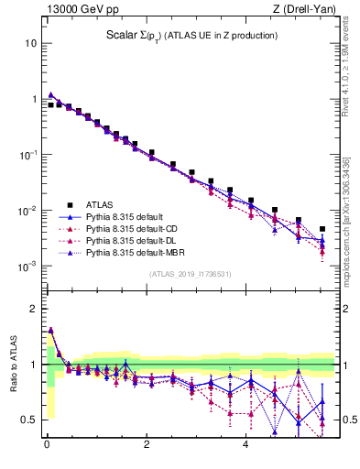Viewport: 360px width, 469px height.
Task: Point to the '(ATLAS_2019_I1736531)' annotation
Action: [190, 273]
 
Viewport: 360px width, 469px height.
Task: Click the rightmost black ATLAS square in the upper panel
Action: [322, 229]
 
